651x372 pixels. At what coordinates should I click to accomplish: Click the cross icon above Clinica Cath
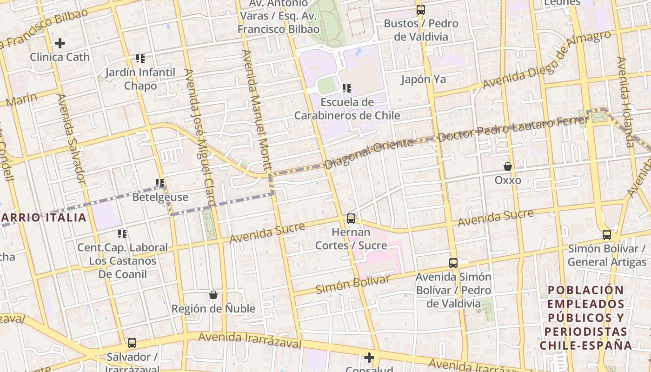click(x=60, y=43)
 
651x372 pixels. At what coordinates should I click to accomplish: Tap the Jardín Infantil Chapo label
click(x=140, y=79)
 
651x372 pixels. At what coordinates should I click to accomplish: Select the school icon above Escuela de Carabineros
click(x=346, y=88)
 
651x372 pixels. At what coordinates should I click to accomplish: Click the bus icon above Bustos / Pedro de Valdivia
click(x=420, y=9)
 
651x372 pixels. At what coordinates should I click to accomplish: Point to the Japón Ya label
click(x=424, y=79)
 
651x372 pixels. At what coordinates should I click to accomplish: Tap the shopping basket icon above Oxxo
click(x=508, y=166)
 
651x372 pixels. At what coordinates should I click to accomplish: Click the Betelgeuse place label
click(x=160, y=197)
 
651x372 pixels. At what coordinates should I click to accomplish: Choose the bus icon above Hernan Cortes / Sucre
click(x=351, y=218)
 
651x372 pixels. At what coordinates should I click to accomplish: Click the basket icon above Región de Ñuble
click(x=213, y=294)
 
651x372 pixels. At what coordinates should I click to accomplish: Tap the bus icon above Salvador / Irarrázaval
click(x=132, y=343)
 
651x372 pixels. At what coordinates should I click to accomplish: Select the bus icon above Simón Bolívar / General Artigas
click(x=607, y=234)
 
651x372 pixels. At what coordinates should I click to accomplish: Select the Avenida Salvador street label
click(x=71, y=138)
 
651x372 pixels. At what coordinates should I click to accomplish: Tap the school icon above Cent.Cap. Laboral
click(x=122, y=233)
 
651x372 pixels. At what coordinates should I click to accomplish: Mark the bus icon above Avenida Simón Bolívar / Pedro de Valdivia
click(x=453, y=263)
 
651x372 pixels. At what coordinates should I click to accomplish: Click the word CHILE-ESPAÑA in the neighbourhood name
click(x=585, y=345)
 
